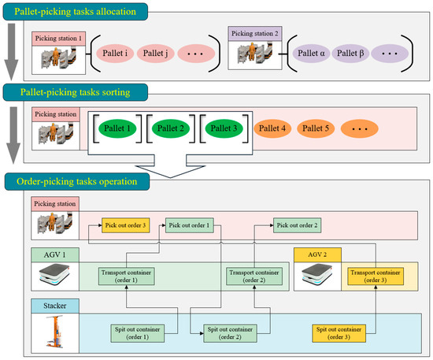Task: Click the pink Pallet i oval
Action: pos(118,55)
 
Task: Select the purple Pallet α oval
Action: pos(311,55)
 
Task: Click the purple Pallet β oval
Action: pos(350,55)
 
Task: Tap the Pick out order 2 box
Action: pos(298,225)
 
